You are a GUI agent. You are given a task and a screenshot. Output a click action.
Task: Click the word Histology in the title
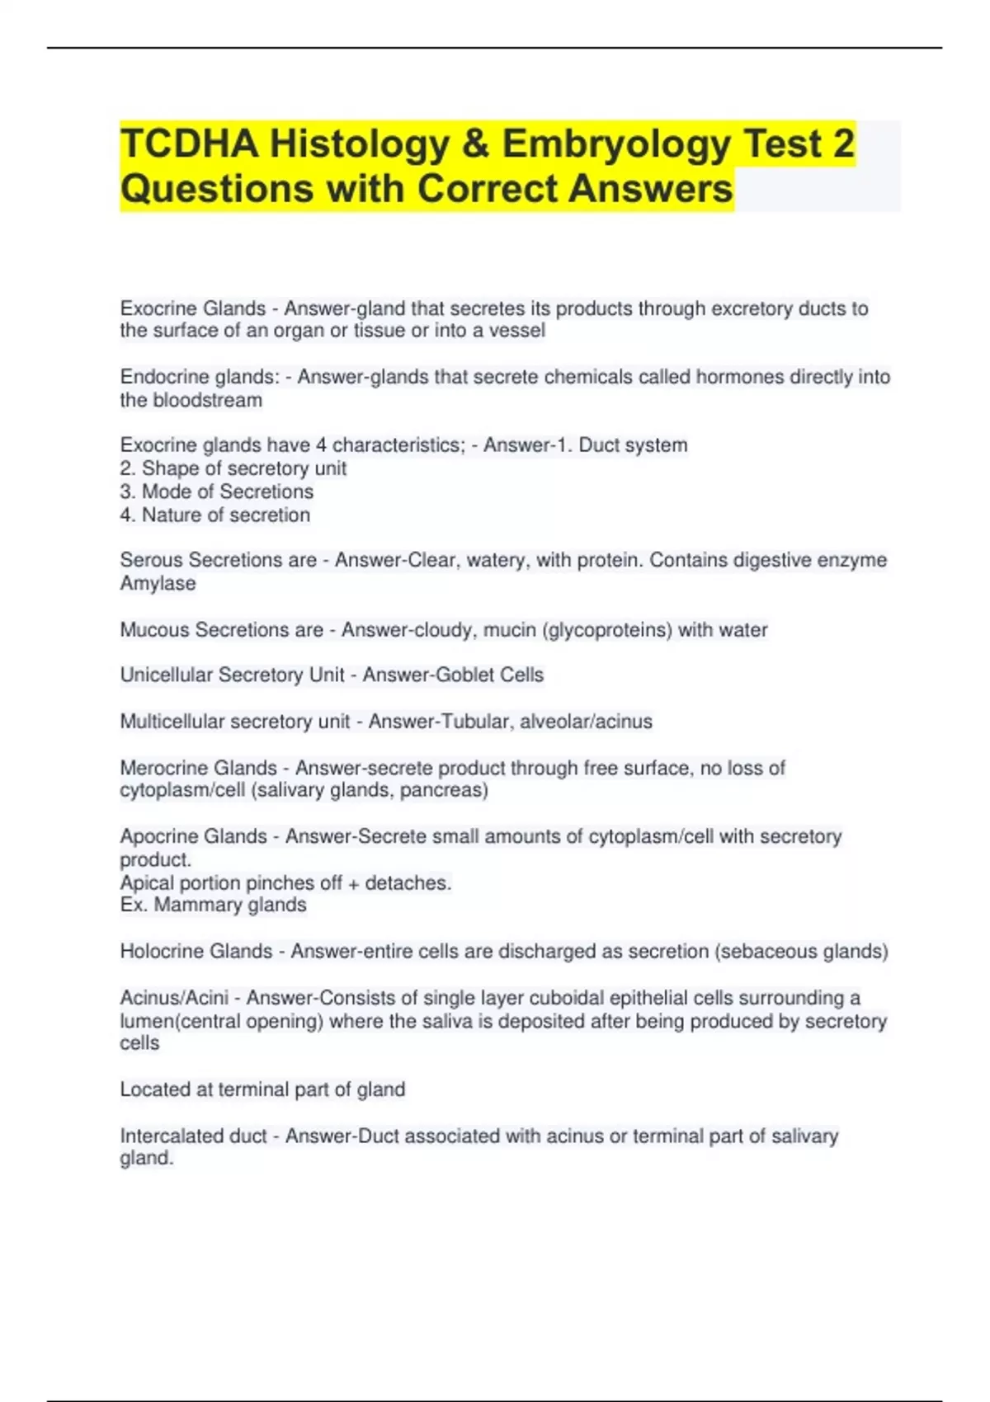(359, 144)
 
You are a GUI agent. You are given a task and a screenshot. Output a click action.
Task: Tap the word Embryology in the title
(616, 144)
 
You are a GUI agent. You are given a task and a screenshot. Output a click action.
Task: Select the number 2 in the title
(843, 144)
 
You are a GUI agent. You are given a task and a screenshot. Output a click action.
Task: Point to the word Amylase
(158, 583)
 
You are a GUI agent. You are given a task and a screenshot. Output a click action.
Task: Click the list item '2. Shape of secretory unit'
(233, 468)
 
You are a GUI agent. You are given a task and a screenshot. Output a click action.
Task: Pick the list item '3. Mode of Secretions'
(217, 492)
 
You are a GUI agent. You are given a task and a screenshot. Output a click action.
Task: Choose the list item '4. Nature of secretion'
(215, 515)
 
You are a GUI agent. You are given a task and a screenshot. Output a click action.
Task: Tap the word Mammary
(190, 905)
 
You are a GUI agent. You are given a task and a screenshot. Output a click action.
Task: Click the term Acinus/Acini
(174, 998)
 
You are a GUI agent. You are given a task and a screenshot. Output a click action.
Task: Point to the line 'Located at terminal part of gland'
(262, 1089)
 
